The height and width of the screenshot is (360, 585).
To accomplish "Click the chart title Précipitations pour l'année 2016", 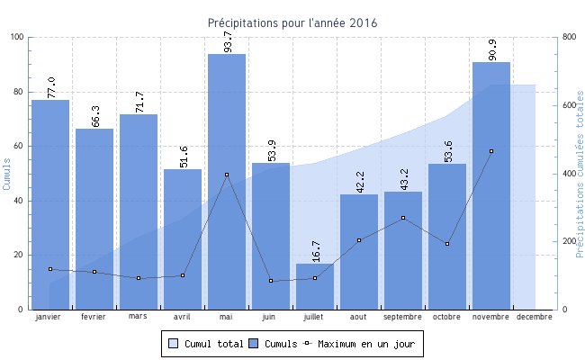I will point(292,22).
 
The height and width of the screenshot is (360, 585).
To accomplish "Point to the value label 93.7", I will point(227,41).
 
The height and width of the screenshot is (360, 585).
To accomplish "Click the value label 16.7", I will point(315,251).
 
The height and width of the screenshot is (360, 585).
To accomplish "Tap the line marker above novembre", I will point(491,151).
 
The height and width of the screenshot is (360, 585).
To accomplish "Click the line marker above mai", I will point(227,175).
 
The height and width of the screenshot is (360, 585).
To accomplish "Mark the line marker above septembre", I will point(403,218).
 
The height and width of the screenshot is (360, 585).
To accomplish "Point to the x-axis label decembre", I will point(535,317).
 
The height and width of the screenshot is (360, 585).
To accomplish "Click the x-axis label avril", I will point(183,317).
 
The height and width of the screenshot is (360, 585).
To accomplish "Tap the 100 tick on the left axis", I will point(18,37).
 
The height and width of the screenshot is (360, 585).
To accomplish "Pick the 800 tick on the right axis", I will point(569,37).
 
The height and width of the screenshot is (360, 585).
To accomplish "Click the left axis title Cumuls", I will point(7,173).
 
